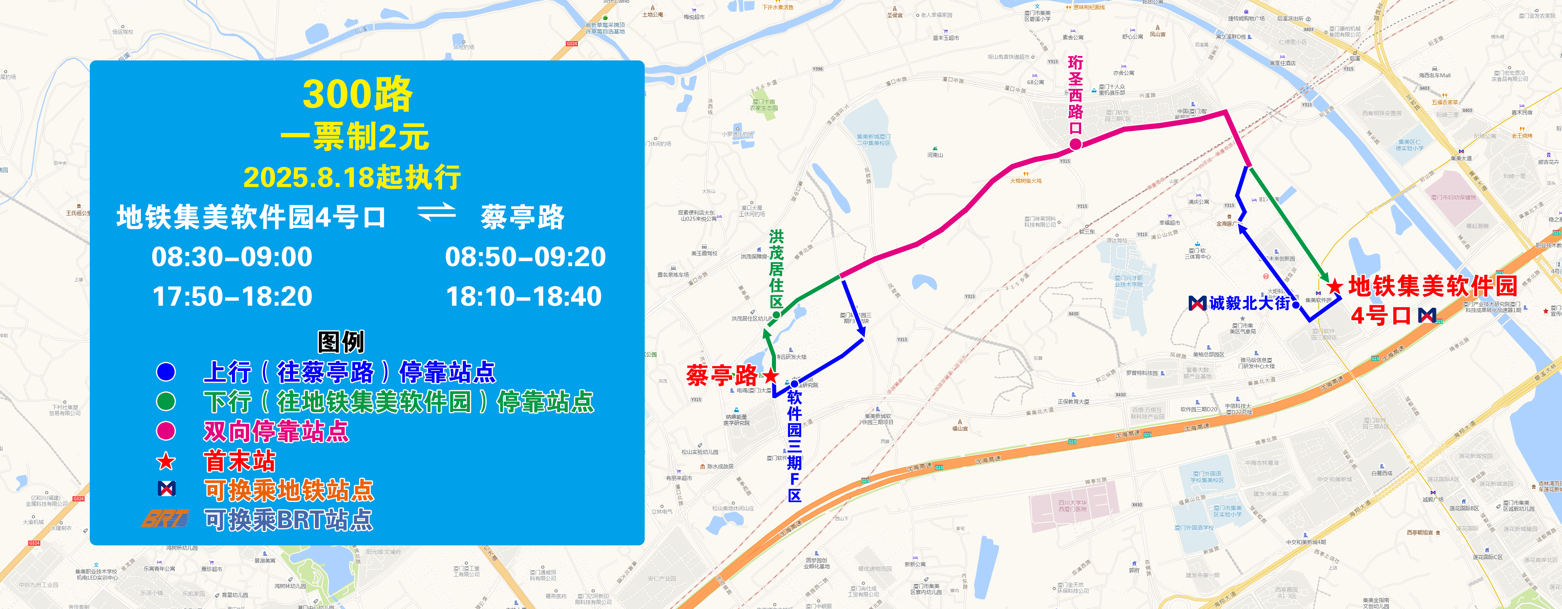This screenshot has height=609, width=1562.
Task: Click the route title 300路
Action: (x=357, y=95)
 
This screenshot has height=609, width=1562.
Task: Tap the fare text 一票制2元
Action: (x=355, y=137)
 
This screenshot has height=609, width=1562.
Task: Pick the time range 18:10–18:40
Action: (x=524, y=296)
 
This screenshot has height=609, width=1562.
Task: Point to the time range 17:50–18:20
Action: (x=232, y=296)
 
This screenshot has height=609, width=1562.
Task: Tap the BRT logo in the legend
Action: (x=166, y=519)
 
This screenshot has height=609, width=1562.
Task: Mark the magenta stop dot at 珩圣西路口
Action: (x=1075, y=144)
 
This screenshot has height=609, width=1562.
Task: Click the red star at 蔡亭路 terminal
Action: (x=771, y=375)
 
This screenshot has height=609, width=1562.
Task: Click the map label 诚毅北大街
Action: (x=1249, y=302)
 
